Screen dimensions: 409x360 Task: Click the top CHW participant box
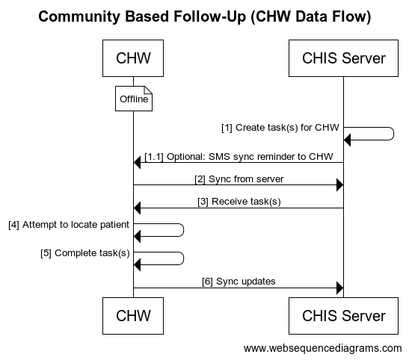tap(133, 58)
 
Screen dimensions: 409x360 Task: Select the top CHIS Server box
tap(343, 58)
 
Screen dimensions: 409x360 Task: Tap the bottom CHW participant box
tap(133, 316)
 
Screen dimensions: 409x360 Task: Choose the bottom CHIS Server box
tap(343, 316)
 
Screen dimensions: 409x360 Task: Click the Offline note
tap(134, 99)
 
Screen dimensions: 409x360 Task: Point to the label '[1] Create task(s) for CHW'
tap(280, 128)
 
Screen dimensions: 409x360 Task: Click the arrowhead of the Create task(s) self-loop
tap(347, 140)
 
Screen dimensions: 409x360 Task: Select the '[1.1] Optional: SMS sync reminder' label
tap(239, 157)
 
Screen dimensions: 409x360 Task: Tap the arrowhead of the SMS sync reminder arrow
tap(137, 163)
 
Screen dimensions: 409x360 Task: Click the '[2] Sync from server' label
tap(239, 179)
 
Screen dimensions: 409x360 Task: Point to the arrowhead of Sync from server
tap(340, 185)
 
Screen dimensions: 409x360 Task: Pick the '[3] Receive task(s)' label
tap(239, 202)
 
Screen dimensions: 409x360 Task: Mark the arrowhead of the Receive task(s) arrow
tap(137, 208)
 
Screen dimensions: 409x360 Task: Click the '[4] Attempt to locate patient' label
tap(69, 225)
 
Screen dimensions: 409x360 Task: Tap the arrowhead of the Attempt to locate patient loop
tap(137, 236)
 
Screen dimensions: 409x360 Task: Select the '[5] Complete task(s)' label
tap(85, 253)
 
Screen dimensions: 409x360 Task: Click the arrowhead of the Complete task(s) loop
tap(137, 264)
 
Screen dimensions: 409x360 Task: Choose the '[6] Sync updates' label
tap(239, 282)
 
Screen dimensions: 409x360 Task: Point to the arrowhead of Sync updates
tap(340, 288)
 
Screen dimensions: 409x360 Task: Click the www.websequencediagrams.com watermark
tap(323, 348)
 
